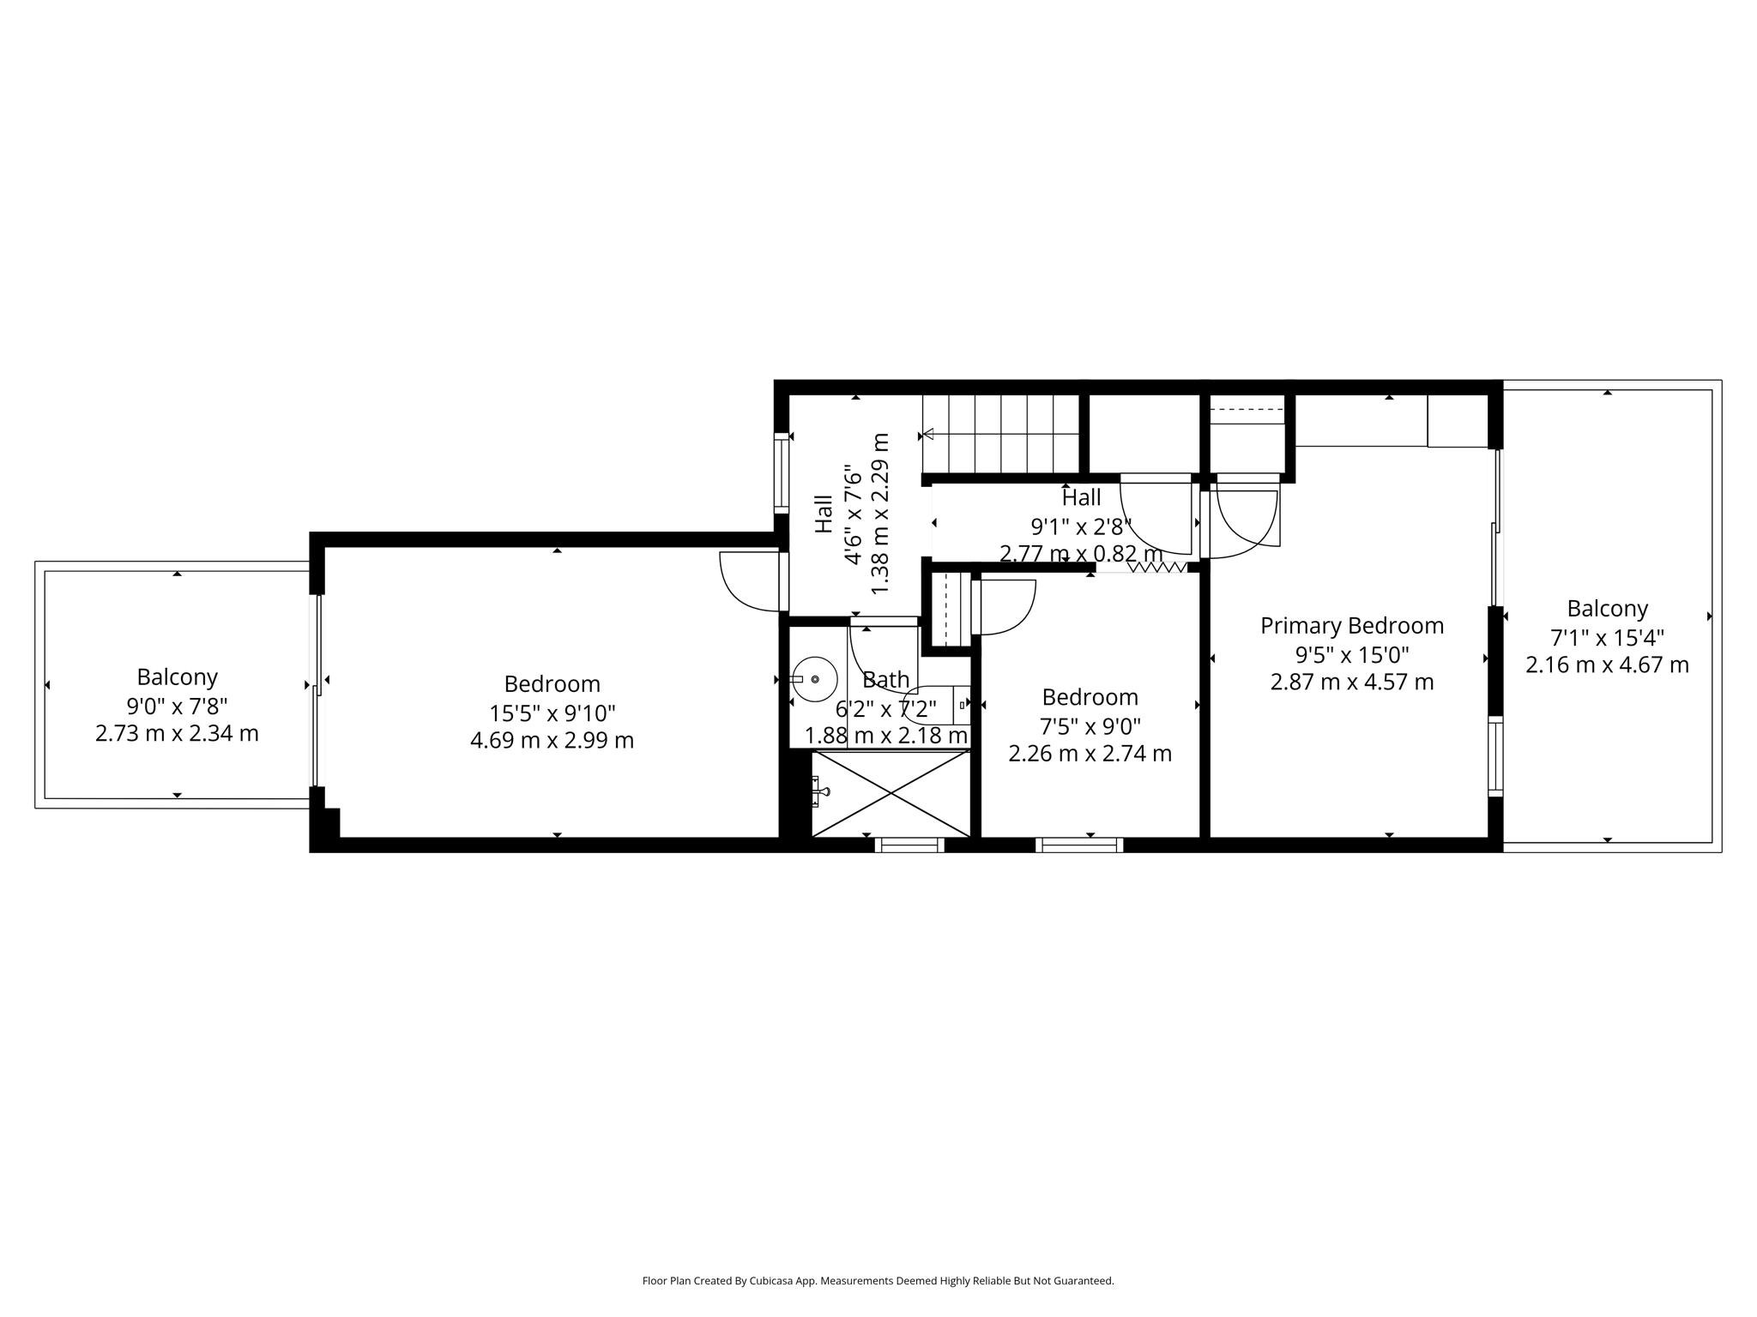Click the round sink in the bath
[814, 679]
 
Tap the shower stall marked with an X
[891, 794]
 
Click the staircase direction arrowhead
[927, 434]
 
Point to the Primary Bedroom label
[1351, 626]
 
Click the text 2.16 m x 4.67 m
[1606, 665]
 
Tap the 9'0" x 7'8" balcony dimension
[177, 706]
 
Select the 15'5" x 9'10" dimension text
[552, 713]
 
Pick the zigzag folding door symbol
[1156, 567]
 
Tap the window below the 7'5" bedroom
[1078, 845]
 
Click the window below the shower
[909, 845]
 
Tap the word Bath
[885, 680]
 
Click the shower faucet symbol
[820, 791]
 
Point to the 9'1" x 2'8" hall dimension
[1080, 526]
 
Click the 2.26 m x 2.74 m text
[1089, 754]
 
